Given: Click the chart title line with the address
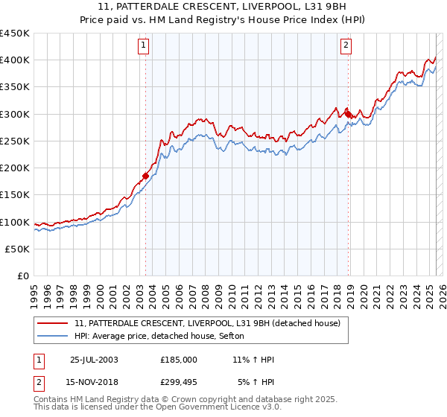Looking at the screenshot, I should [223, 7].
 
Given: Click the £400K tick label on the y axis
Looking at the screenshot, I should [14, 60].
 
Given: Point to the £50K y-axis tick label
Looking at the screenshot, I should [17, 249].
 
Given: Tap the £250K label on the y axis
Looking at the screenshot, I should [14, 141].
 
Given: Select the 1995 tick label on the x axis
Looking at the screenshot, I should [34, 289].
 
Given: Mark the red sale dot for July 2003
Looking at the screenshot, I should [146, 176].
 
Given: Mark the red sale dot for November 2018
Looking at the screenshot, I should [348, 114].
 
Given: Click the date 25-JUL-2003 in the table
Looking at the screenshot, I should [94, 360].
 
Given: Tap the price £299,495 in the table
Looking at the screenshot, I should [179, 382].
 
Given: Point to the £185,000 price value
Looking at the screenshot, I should [179, 360].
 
